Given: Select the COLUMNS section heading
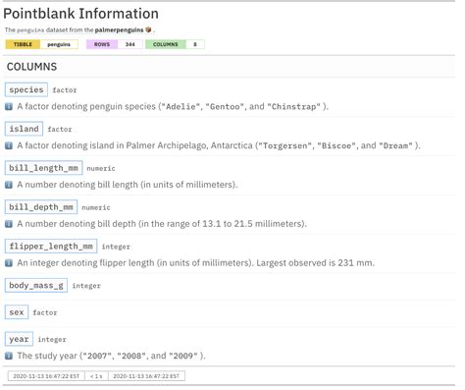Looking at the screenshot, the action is click(32, 67).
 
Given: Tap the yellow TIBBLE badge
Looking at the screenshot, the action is click(24, 44).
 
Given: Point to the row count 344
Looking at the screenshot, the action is click(130, 44).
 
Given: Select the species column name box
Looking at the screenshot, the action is click(26, 90).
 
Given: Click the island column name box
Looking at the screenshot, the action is click(25, 129).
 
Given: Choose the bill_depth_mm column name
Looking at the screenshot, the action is click(41, 207).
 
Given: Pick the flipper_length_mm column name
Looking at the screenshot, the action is click(51, 247).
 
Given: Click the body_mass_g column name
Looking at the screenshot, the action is click(36, 285).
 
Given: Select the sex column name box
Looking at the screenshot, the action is click(17, 311).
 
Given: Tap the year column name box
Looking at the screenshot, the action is click(20, 339).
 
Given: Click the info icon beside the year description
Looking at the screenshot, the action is click(9, 356).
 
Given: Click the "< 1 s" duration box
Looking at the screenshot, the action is click(95, 375).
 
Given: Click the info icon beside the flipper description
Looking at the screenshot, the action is click(9, 263).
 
